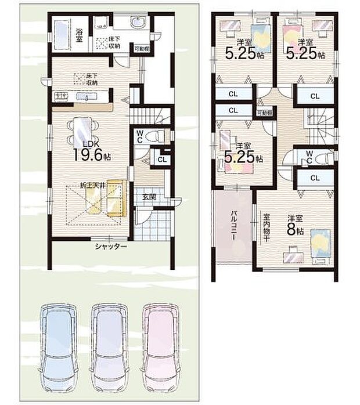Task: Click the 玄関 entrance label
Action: coord(148,197)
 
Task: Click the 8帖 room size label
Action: coord(295,227)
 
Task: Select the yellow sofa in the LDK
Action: coord(116,198)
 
